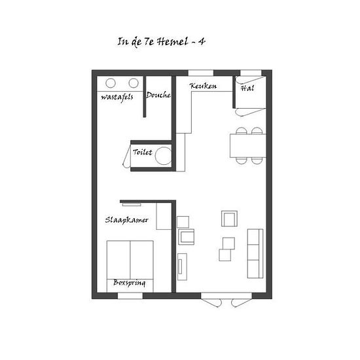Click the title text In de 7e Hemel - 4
click(161, 42)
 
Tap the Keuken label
click(203, 86)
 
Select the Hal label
click(247, 88)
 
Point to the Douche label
click(158, 95)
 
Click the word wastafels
click(117, 98)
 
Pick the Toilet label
click(143, 152)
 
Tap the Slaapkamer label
click(127, 220)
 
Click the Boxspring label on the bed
click(130, 283)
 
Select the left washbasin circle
click(111, 83)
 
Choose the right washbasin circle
click(134, 83)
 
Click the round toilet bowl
click(163, 156)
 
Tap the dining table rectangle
click(248, 146)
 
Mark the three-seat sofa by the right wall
click(255, 253)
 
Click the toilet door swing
click(127, 156)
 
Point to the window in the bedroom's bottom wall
click(130, 296)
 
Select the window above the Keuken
click(201, 73)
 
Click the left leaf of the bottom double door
click(211, 302)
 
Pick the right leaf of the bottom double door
click(242, 302)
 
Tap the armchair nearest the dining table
click(229, 219)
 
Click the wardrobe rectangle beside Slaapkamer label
click(164, 216)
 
